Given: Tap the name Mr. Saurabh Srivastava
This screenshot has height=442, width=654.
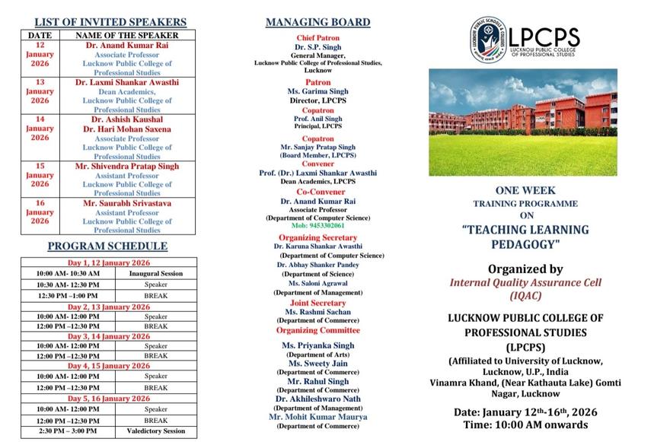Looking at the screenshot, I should point(127,203).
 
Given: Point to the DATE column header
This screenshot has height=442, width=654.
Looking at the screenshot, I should point(40,35).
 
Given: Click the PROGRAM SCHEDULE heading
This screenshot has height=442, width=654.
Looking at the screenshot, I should point(107,246).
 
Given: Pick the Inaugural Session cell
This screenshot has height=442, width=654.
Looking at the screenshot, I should point(155,273).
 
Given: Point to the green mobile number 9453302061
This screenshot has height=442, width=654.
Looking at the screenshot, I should point(317,226).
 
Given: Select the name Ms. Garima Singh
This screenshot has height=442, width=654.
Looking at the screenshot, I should point(317,91).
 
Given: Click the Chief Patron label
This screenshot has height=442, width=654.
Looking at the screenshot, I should point(317,37).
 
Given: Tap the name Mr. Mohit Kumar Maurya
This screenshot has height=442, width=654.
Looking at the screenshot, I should point(317,417).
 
